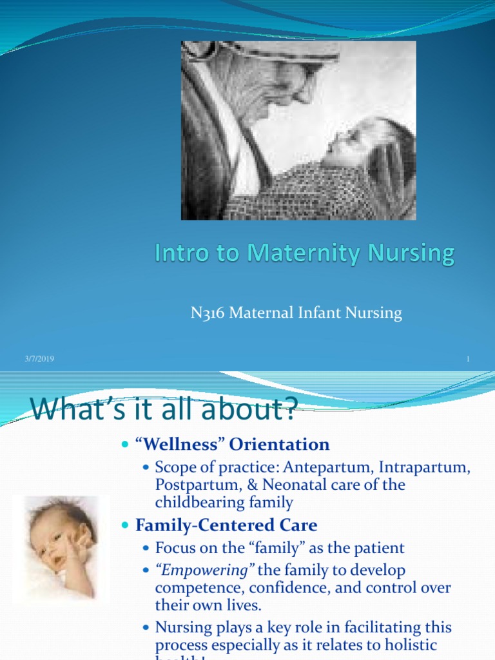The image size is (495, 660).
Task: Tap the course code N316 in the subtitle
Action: [x=206, y=313]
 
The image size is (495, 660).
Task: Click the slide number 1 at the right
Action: [x=467, y=358]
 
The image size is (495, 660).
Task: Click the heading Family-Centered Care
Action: [x=226, y=525]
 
